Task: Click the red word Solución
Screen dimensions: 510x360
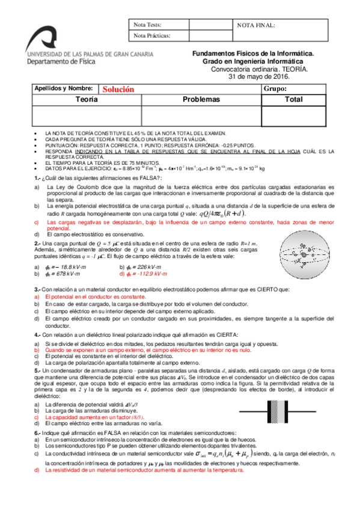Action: [x=117, y=89]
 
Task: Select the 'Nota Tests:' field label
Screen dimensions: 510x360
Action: [x=148, y=25]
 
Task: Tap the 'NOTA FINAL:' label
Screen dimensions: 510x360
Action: [x=257, y=25]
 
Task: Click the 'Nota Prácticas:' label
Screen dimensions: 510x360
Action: [x=153, y=36]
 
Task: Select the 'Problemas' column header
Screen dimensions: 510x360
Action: [x=201, y=99]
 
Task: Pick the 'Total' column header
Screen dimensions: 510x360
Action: [x=294, y=99]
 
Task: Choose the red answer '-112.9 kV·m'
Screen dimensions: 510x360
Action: [x=140, y=274]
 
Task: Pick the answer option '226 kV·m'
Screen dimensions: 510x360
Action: [x=139, y=266]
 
